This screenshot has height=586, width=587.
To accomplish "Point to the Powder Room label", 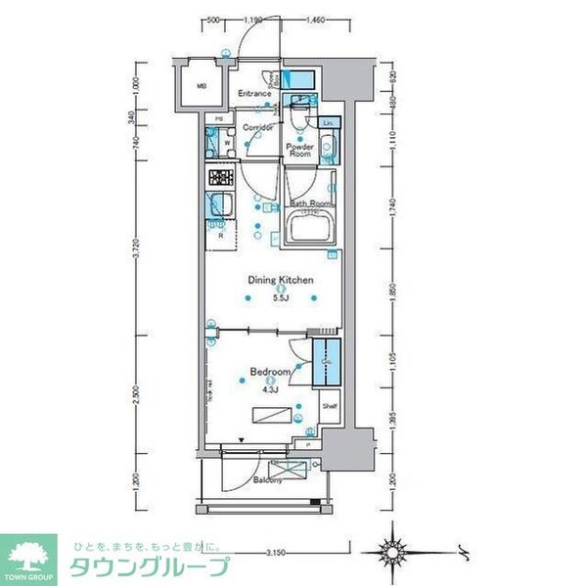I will pos(298,150).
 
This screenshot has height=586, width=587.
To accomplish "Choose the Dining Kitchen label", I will pos(281,280).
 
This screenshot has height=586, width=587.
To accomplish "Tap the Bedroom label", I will pos(269,373).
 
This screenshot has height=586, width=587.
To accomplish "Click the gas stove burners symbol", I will pos(219,178).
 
